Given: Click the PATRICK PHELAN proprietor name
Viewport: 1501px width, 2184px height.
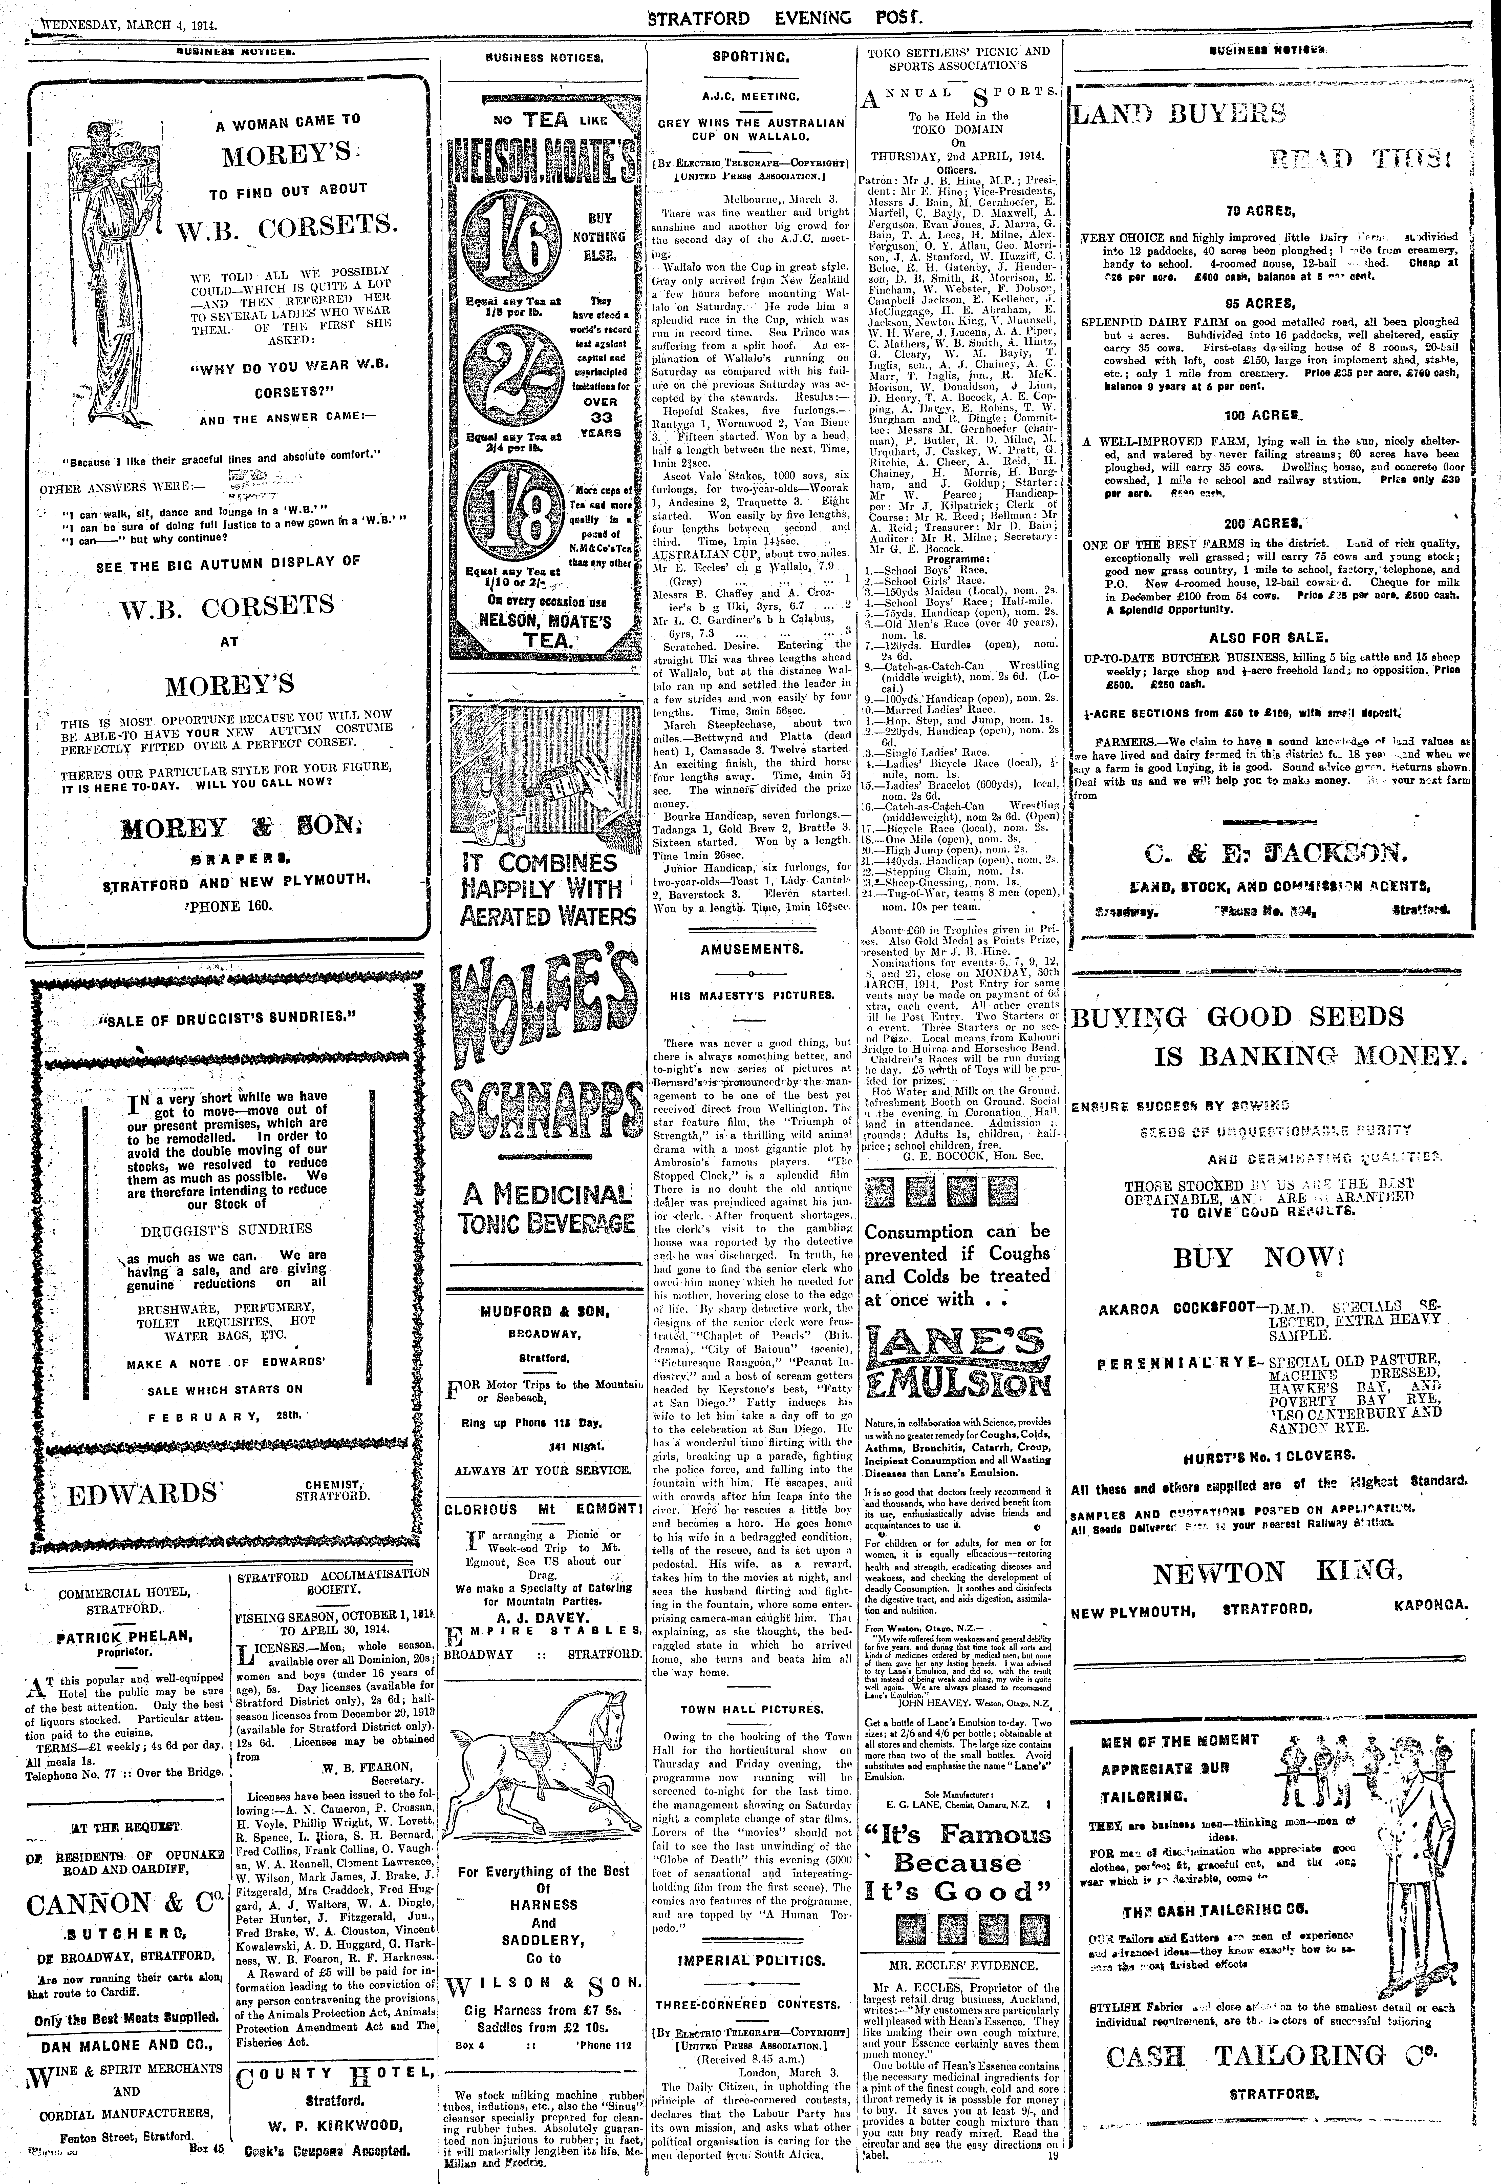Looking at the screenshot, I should [x=125, y=1637].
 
